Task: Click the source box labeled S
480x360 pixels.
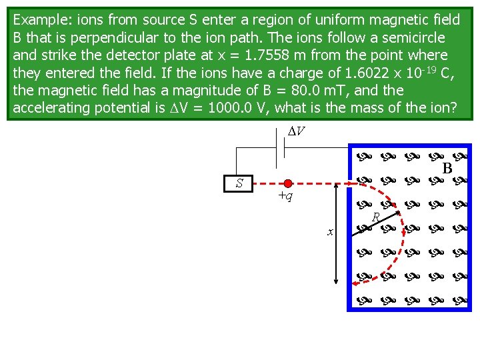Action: click(x=239, y=183)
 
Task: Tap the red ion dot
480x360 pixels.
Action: click(x=288, y=183)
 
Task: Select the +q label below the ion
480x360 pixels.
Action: click(x=285, y=196)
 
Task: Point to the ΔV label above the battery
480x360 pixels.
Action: click(x=296, y=131)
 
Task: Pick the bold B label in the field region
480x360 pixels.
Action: click(x=448, y=169)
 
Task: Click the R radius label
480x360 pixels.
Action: click(x=376, y=217)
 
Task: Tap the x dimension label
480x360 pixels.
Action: click(x=329, y=232)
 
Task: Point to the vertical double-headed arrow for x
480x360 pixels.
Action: click(x=336, y=234)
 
